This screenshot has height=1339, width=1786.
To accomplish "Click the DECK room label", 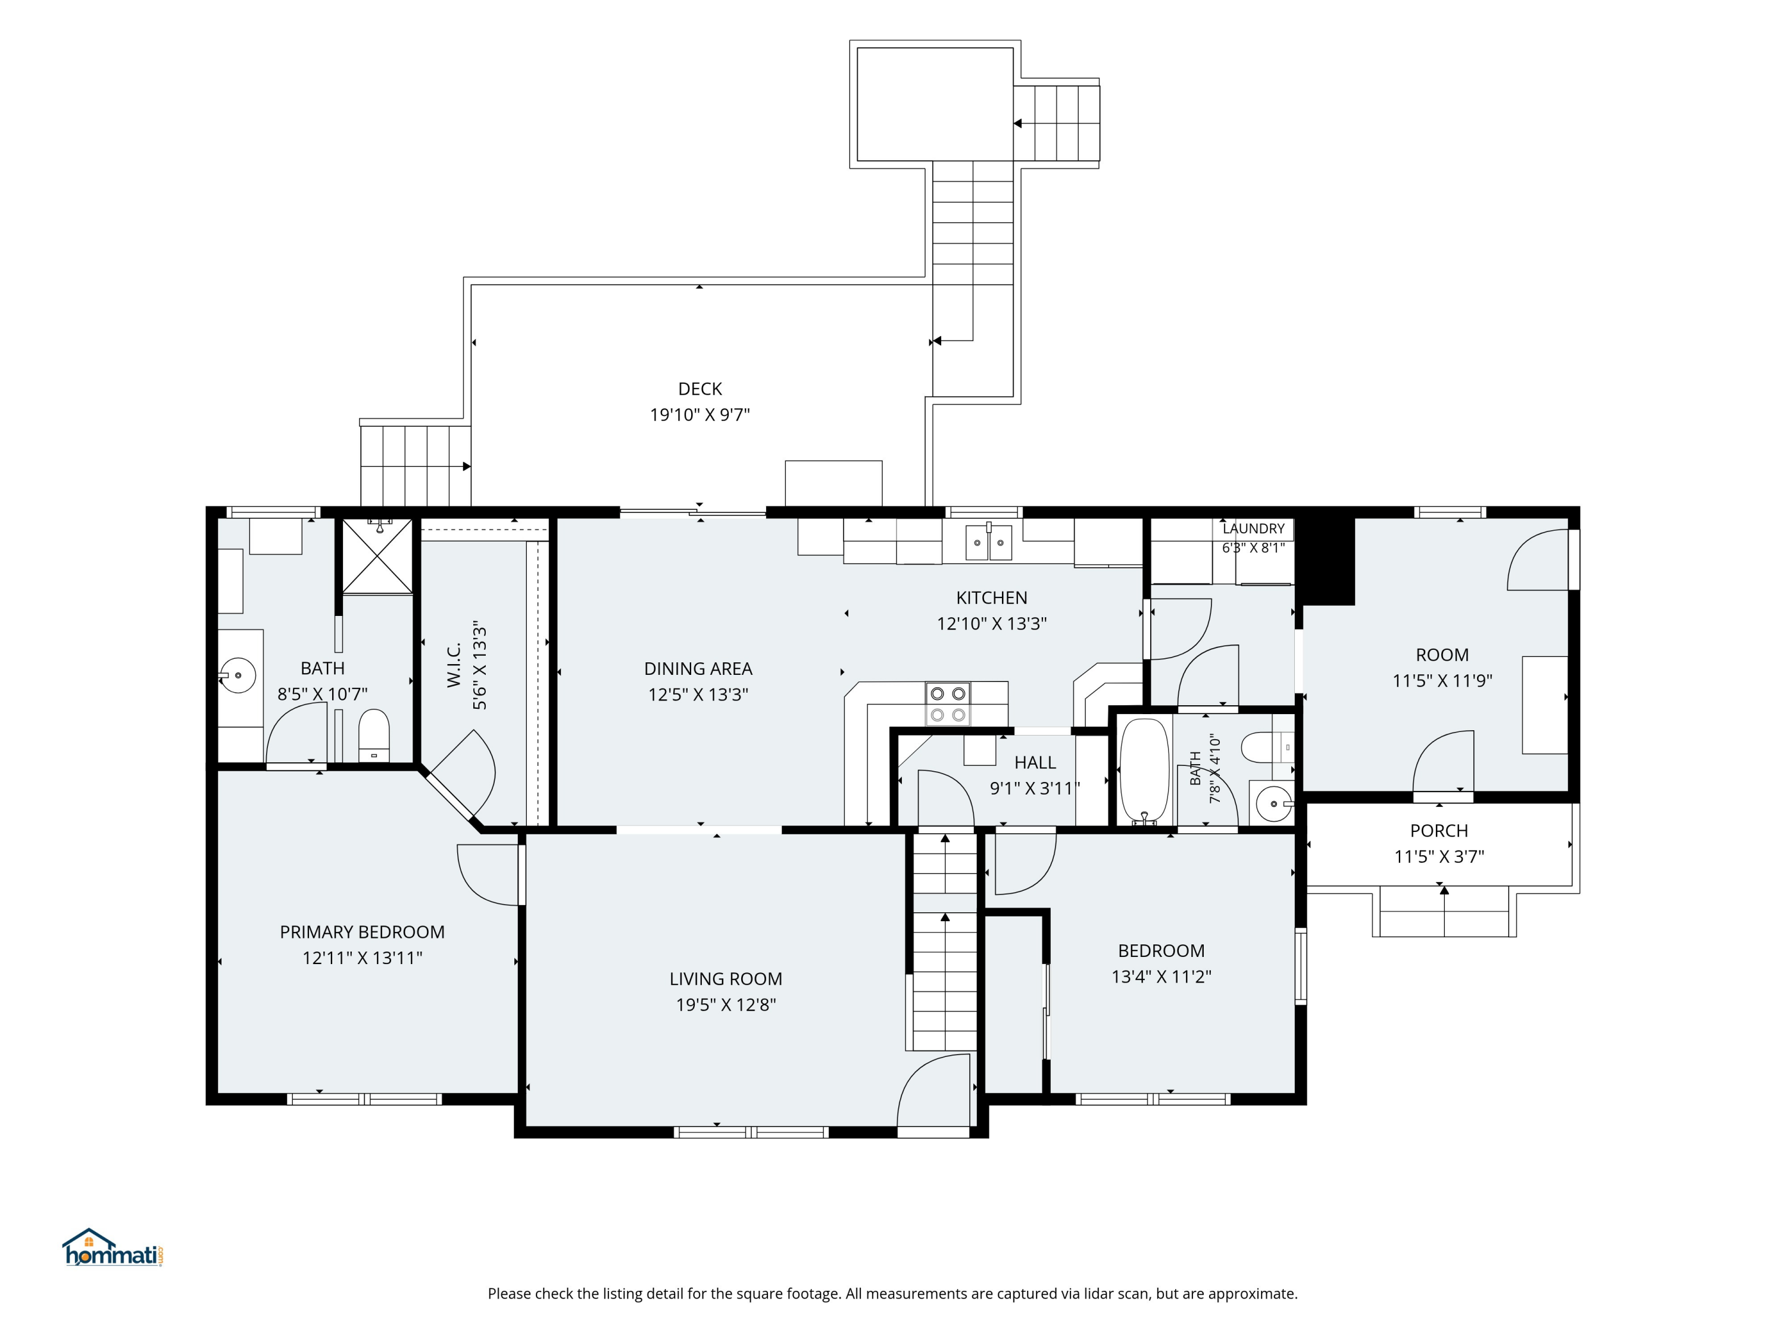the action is click(x=700, y=389).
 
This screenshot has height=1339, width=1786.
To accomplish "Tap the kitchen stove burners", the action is click(x=948, y=704).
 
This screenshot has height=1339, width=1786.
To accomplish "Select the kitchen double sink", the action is click(x=989, y=542).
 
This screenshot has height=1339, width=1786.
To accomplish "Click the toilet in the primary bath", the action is click(x=374, y=736).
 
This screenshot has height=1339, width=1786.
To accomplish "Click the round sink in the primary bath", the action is click(x=238, y=675).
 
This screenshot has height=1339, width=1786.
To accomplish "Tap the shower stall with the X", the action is click(x=377, y=556).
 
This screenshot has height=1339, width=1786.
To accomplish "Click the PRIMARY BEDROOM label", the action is click(x=362, y=932).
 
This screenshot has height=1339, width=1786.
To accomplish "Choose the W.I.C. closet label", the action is click(x=454, y=665).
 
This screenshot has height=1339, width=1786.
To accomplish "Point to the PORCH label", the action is click(x=1439, y=831).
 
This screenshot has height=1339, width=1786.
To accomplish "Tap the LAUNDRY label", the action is click(x=1253, y=528).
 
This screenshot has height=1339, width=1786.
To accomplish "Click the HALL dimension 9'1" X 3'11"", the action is click(x=1035, y=788).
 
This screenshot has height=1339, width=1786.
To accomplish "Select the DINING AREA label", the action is click(x=698, y=669).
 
